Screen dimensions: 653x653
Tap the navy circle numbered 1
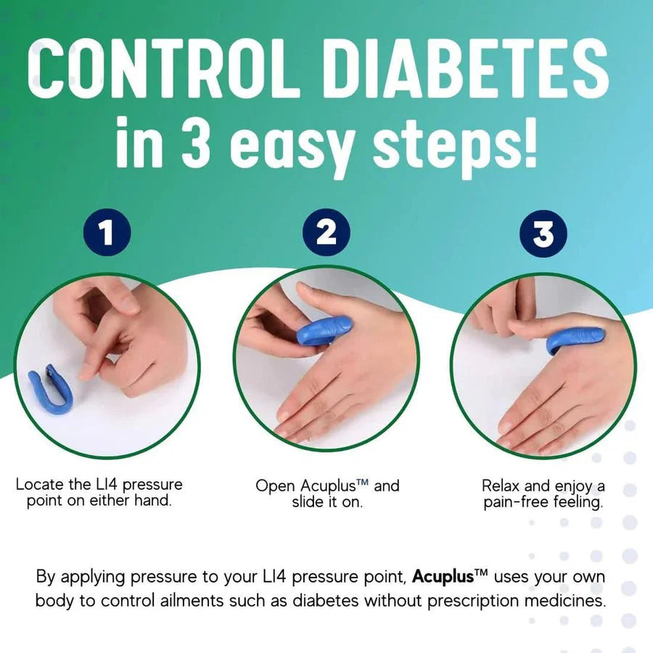point(107,234)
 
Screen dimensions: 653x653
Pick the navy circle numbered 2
point(326,234)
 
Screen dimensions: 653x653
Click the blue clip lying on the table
point(51,390)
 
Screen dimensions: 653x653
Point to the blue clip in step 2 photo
point(324,331)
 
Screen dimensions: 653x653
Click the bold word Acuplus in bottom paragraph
point(443,578)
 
